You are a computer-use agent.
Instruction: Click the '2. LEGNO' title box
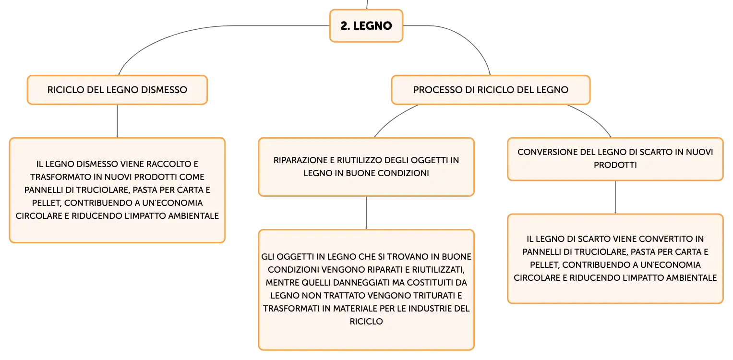366,25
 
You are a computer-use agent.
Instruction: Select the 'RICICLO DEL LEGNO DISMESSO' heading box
117,90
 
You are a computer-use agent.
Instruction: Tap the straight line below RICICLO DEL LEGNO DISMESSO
117,121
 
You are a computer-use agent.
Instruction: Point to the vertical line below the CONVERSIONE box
615,197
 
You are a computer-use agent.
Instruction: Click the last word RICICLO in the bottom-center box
366,322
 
